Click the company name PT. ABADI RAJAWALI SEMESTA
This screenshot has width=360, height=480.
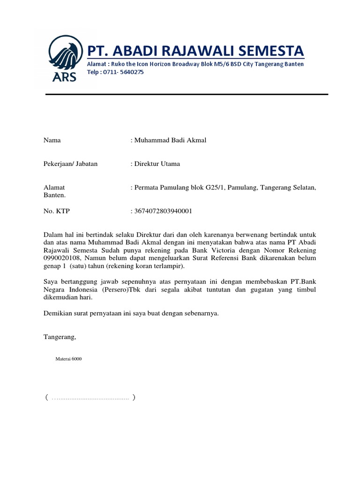point(195,50)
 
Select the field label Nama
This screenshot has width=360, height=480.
point(52,140)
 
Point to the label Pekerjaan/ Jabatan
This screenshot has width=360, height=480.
point(70,164)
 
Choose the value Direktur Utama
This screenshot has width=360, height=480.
point(157,164)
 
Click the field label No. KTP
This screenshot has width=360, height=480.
point(56,211)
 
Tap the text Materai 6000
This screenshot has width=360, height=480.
point(68,359)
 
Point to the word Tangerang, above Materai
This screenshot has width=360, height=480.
point(60,337)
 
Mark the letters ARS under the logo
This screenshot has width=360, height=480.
point(64,77)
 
